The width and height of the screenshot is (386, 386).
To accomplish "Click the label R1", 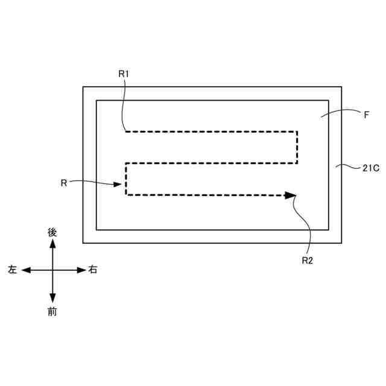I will click(x=124, y=74).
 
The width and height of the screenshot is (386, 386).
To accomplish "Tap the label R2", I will click(x=308, y=261).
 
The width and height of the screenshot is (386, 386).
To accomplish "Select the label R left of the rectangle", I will click(x=64, y=182).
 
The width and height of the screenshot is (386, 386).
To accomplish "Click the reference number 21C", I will click(x=370, y=168).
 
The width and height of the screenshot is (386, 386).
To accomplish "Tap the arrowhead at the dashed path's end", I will click(x=291, y=195).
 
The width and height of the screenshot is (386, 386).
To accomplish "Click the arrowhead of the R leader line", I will click(x=119, y=185).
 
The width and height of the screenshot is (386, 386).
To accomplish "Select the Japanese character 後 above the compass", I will click(x=52, y=232).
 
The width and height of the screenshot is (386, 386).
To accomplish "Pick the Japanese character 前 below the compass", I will click(x=52, y=311).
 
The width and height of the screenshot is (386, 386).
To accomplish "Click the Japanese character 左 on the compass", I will click(x=12, y=270).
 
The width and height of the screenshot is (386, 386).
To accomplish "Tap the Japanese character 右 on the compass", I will click(x=93, y=270).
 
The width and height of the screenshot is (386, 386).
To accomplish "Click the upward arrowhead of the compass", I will click(x=52, y=243).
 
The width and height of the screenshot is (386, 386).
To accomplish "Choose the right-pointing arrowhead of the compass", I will click(x=82, y=270).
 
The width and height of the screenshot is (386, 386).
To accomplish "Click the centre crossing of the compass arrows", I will click(x=52, y=270).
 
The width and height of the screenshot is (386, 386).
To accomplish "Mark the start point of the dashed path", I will click(x=125, y=131).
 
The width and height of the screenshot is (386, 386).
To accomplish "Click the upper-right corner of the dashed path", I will click(x=297, y=131).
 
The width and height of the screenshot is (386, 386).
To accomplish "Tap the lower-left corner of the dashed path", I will click(x=126, y=194).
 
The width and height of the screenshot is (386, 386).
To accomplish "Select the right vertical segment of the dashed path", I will click(x=297, y=147).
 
